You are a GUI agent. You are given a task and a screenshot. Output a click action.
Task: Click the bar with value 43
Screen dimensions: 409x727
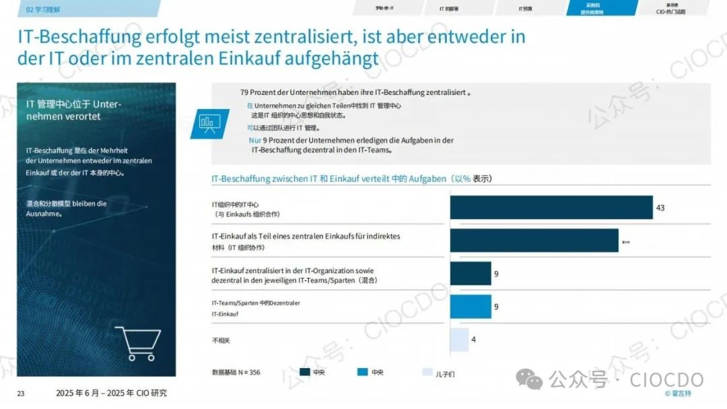tap(551, 207)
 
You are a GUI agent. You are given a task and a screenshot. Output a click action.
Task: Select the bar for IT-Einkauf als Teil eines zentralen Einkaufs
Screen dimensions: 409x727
tap(534, 240)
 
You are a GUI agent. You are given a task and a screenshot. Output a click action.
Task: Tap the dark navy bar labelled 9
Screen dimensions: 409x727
tap(471, 274)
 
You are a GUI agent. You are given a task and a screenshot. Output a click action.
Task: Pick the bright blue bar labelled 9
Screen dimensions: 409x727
tap(471, 307)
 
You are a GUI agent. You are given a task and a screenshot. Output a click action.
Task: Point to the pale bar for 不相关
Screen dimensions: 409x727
tap(459, 340)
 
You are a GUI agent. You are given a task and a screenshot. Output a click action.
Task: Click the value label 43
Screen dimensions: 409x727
tap(660, 208)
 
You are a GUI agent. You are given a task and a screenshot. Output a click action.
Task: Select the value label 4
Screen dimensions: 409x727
tap(474, 340)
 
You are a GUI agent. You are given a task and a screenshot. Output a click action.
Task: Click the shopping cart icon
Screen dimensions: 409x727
tap(137, 343)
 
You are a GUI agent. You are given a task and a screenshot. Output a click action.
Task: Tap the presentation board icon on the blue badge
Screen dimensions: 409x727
tap(209, 122)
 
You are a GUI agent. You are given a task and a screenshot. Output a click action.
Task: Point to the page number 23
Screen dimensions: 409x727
tap(20, 394)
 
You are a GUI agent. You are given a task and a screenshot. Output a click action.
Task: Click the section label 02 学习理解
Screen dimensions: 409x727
tap(44, 9)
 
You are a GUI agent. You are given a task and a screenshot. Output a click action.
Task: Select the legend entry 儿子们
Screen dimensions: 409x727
tap(445, 373)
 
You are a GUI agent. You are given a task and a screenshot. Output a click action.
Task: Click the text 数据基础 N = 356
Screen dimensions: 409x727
tap(236, 373)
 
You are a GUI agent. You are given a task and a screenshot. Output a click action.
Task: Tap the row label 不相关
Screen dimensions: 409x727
tap(221, 340)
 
